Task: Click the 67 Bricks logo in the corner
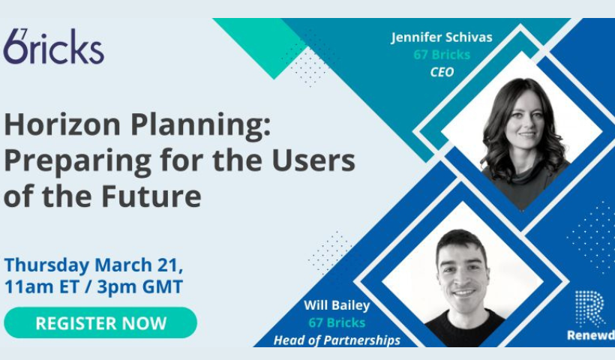point(54,46)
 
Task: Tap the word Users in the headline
point(313,160)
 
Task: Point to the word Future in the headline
point(151,196)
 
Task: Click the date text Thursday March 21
point(93,265)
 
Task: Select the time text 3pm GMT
point(140,286)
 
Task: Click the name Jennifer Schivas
point(442,37)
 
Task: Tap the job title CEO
point(442,72)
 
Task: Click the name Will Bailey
point(337,305)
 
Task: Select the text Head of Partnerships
point(337,340)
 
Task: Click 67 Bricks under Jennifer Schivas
point(442,55)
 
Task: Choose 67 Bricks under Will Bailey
point(337,322)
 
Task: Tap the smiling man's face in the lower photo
point(463,274)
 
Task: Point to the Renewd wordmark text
point(591,335)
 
